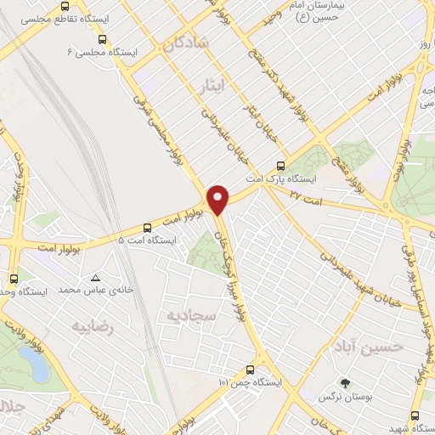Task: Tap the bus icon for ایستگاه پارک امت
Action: (281, 166)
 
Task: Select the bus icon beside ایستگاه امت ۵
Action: (148, 227)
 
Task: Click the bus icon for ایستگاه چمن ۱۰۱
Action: (249, 370)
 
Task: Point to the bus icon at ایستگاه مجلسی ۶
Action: (103, 38)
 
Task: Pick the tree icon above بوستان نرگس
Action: (344, 383)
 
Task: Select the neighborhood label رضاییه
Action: (92, 326)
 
